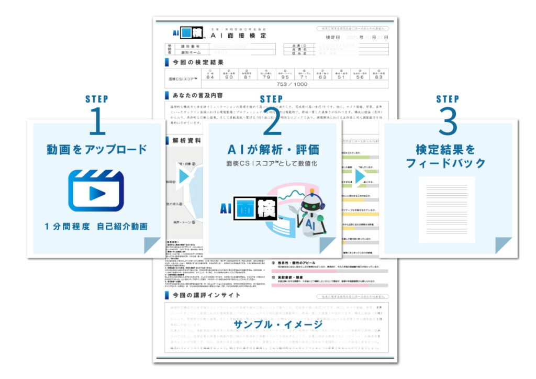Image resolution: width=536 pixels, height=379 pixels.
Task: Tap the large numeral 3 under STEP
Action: (x=447, y=124)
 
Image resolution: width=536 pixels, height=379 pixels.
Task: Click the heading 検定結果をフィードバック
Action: (x=447, y=155)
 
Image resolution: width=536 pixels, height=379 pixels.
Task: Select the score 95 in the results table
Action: (x=285, y=77)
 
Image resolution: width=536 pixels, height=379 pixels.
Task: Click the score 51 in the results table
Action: (x=341, y=77)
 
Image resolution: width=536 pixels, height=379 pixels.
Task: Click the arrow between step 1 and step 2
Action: (x=183, y=176)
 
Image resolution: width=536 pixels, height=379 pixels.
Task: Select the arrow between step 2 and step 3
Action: (x=360, y=176)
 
